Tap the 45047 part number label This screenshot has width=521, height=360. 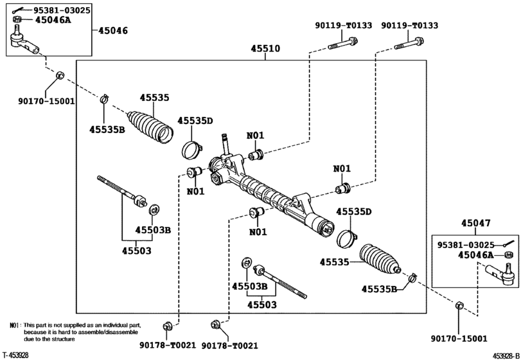tap(475, 224)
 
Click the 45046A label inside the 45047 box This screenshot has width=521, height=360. tap(476, 256)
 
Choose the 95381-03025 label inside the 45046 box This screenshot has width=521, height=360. tap(53, 10)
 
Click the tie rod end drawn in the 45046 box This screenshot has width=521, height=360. tap(26, 41)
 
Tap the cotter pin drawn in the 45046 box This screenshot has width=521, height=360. tap(19, 9)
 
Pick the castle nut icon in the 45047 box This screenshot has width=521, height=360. tap(507, 256)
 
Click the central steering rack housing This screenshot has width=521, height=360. tap(270, 193)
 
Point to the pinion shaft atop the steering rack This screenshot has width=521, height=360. tap(226, 142)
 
